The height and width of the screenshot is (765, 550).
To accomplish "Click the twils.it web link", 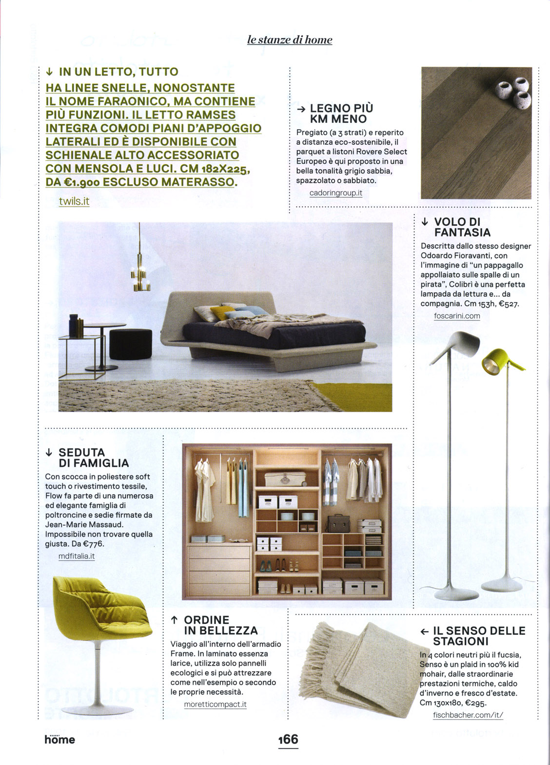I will coord(74,201).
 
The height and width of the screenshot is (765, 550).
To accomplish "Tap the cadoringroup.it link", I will coord(335,193).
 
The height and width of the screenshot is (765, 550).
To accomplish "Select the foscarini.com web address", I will coord(456,316).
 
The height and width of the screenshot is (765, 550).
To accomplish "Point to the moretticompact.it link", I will coord(215,705).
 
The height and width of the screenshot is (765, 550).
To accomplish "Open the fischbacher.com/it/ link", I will coord(467,715).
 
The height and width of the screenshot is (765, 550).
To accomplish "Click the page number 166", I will coord(288,739).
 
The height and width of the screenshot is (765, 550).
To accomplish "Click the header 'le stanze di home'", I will coord(290,40).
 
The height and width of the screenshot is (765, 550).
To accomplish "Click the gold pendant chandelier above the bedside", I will coord(140,275).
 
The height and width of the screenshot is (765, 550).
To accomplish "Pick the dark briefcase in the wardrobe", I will coord(338,524).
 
